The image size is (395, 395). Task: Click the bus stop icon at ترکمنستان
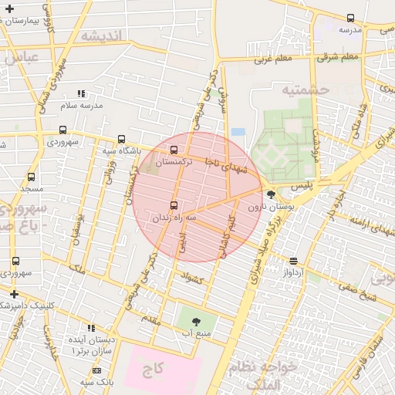173,150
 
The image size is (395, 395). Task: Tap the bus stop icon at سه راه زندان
173,205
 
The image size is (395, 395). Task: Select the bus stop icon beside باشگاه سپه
121,139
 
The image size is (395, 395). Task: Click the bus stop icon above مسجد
31,177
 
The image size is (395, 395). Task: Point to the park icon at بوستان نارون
270,194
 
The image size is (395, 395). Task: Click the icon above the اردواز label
292,261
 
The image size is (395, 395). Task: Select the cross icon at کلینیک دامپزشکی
14,294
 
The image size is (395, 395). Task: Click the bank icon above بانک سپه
96,371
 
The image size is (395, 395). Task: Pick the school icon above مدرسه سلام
83,93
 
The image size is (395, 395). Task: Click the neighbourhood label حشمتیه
306,90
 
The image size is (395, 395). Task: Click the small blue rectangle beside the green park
238,132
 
